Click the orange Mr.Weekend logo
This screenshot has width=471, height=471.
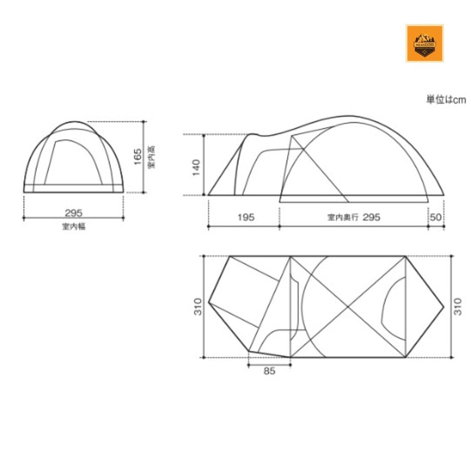[424, 43]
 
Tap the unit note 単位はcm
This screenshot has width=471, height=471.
[446, 100]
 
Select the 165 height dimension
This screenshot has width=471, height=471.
[137, 157]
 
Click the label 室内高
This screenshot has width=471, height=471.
[151, 157]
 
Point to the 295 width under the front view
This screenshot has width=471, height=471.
[73, 213]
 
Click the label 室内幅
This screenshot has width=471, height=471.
[73, 227]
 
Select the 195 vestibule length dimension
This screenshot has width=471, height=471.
[245, 217]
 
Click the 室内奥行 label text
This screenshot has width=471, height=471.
[343, 218]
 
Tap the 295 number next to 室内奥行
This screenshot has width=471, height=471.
[372, 217]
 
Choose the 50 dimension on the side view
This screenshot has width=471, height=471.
[436, 217]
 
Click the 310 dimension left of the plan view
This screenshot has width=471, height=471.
[198, 307]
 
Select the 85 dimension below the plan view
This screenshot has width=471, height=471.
[269, 371]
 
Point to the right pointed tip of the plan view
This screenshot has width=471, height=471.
[444, 307]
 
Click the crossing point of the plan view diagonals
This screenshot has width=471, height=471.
[348, 307]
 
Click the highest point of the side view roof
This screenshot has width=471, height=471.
[351, 116]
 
